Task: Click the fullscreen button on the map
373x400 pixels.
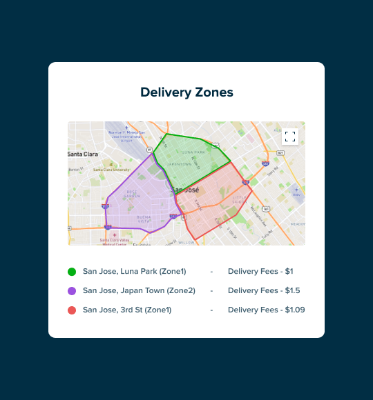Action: click(290, 137)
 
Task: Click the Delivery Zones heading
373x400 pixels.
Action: click(186, 92)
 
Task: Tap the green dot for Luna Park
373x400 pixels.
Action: click(72, 272)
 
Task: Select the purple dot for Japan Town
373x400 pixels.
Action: click(72, 291)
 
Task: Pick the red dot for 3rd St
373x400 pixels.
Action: click(72, 310)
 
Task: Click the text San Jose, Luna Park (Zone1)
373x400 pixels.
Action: click(134, 272)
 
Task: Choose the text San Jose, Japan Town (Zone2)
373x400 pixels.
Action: click(139, 291)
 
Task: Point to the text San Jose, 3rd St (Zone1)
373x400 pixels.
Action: click(126, 310)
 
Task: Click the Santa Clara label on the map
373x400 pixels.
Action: click(83, 154)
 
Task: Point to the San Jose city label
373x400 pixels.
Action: click(184, 190)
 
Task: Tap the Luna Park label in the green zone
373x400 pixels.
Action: click(193, 152)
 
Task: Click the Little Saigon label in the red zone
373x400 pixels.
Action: click(239, 199)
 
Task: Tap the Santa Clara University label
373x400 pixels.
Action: click(111, 169)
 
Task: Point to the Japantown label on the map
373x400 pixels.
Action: click(179, 164)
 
